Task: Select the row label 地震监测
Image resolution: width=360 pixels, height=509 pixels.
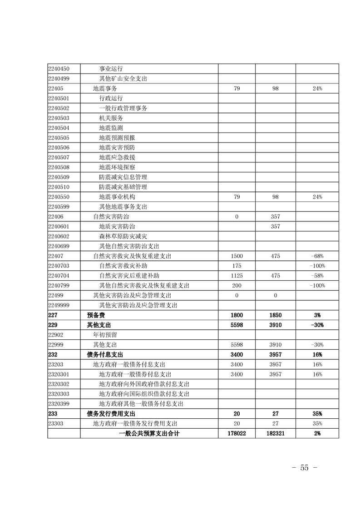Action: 111,128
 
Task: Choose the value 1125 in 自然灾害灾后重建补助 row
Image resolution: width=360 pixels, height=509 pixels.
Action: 237,276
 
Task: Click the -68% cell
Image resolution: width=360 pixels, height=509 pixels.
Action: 317,256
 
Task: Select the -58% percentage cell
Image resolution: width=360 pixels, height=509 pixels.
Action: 317,276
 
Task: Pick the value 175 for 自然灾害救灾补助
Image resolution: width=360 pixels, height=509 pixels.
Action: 237,266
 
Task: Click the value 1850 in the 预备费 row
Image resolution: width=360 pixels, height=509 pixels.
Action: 276,315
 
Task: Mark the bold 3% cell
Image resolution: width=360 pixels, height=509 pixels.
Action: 317,315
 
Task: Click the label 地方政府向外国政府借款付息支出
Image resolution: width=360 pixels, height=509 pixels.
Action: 144,384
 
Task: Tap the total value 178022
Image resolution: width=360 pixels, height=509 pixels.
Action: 237,434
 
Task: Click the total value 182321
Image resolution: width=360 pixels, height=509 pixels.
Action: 276,434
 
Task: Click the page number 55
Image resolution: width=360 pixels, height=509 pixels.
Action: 304,468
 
